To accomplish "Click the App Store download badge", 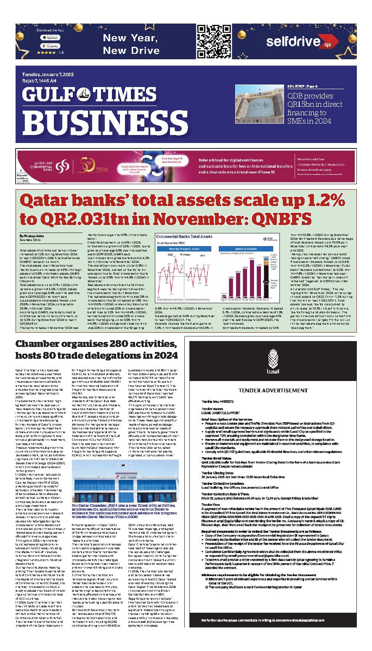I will coord(50,37).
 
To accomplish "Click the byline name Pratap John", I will coord(32,236).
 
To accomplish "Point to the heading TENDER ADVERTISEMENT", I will coord(273,391).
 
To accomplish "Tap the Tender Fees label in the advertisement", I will coord(211,504).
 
